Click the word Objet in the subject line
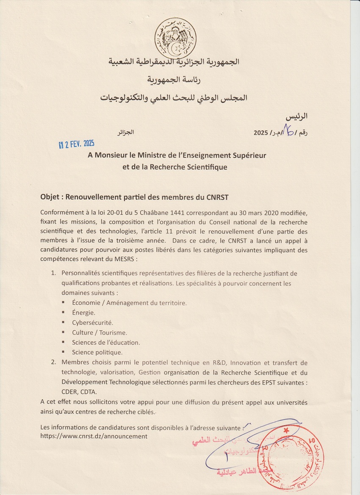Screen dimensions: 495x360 [50, 197]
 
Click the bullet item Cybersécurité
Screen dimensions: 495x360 [92, 323]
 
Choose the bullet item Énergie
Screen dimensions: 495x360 [83, 312]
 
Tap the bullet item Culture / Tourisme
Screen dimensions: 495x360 [99, 332]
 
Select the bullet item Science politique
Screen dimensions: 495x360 [97, 352]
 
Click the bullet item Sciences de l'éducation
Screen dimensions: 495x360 [106, 342]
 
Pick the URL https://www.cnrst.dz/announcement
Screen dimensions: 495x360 [94, 436]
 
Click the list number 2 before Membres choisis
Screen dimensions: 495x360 [54, 362]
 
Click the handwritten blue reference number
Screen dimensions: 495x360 [289, 132]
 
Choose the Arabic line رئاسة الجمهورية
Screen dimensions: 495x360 [174, 80]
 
